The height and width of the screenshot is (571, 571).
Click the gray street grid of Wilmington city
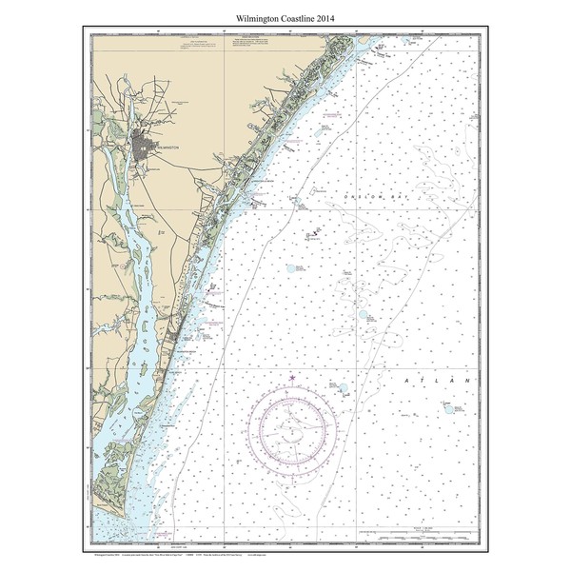coord(148,148)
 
